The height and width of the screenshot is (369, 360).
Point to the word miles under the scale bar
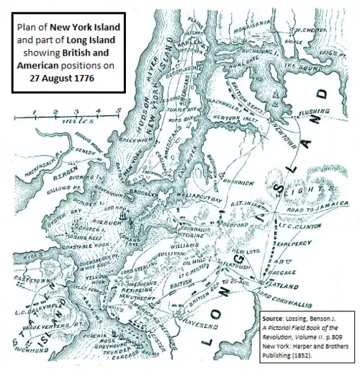[x=75, y=123]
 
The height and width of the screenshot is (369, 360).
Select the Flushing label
[x=312, y=112]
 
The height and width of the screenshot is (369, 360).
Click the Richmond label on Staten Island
[x=30, y=352]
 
